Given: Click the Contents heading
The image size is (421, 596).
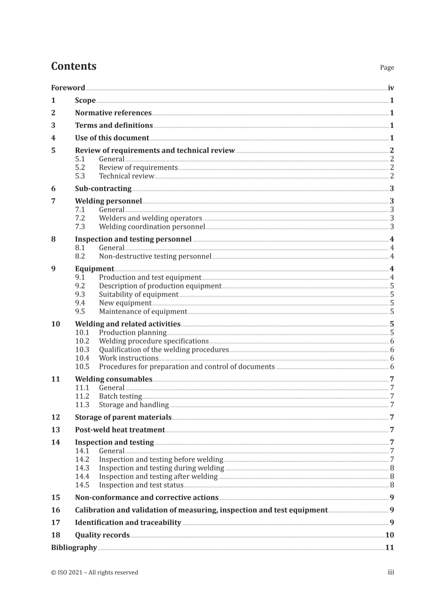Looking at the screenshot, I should point(74,66).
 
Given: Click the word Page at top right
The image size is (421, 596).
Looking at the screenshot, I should point(386,68).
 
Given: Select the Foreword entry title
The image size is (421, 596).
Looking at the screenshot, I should point(68,88).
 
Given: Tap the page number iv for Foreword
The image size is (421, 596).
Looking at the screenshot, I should point(390,88).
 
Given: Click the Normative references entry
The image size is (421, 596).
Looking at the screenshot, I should point(113,113).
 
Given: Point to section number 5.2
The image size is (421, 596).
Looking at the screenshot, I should point(80,168).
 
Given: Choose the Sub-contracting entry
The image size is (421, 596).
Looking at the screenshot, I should point(103,189).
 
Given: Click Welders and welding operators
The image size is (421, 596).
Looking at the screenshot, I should point(150,218).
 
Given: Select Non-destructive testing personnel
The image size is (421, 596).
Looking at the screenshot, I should point(155,256).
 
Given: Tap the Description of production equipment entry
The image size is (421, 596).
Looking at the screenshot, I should point(160,286).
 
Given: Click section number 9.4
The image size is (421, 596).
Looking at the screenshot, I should point(80,303).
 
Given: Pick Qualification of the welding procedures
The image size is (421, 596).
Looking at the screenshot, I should point(164,350).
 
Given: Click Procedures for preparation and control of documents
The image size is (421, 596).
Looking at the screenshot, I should point(187,366).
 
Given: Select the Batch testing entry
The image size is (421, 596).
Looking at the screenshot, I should point(120,396).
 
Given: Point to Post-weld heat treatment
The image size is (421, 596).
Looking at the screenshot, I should point(120,430).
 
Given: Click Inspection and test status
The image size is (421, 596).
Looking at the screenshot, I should point(141,485).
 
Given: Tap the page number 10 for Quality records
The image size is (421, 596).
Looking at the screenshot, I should point(389,535).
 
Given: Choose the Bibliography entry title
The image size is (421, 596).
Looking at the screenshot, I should point(74,548).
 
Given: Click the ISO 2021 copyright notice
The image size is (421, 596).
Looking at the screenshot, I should point(94,573).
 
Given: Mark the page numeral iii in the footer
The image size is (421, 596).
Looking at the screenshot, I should point(390,573).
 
